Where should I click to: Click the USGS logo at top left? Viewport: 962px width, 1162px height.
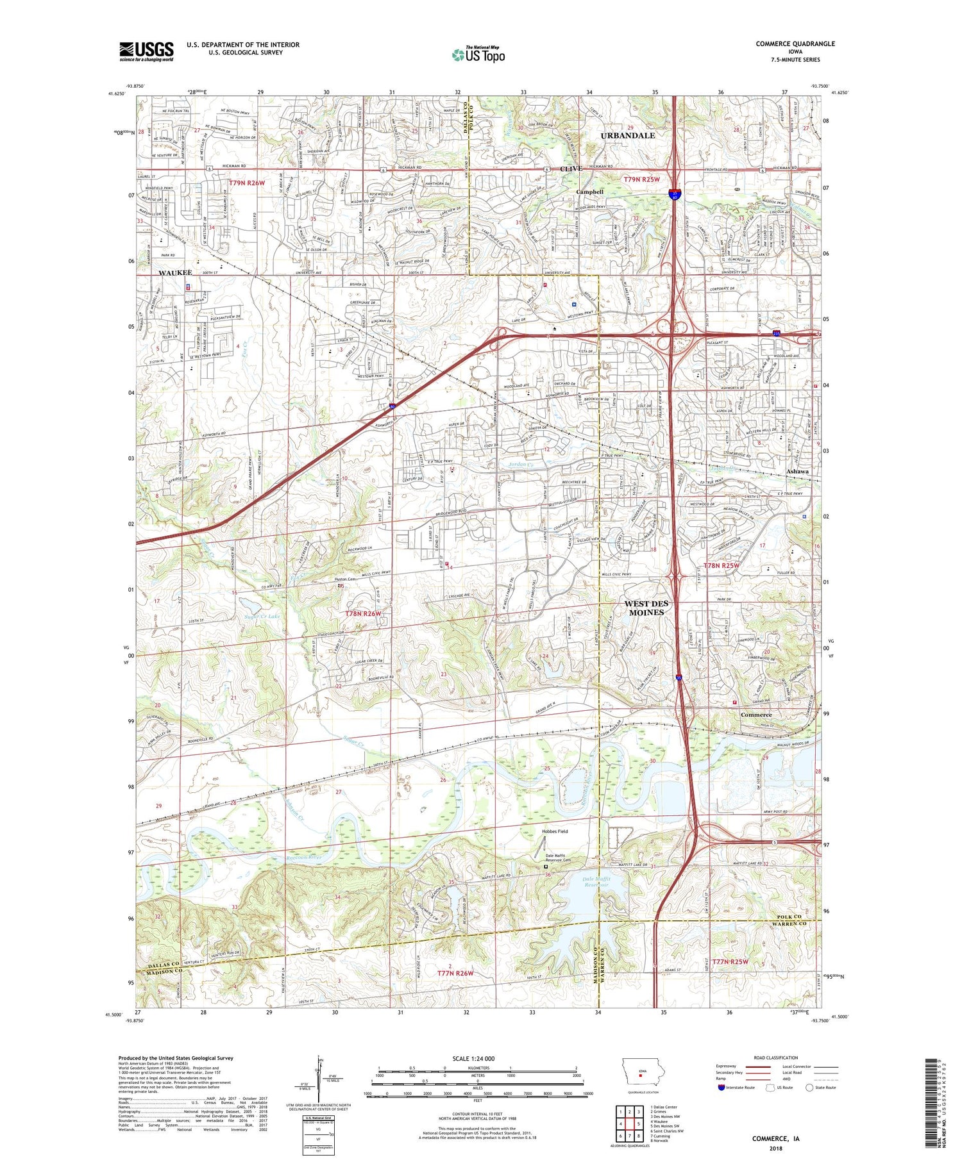point(146,51)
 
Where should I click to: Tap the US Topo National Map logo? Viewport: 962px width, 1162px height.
point(478,54)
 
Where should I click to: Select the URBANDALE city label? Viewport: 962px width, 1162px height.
point(627,135)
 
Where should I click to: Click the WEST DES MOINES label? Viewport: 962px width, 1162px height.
point(646,608)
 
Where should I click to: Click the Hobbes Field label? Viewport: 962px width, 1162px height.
point(555,831)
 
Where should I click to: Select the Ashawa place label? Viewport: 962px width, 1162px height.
point(798,471)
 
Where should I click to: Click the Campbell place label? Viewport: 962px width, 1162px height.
point(589,192)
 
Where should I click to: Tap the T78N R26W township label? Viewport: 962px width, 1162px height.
point(364,613)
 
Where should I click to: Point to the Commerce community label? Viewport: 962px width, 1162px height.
point(756,714)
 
